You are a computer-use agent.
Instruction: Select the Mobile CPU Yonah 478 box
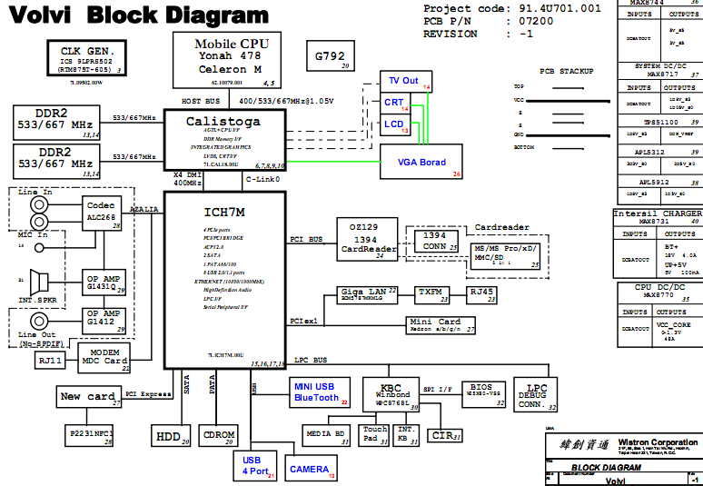[x=232, y=57]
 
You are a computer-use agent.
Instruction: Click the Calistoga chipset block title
[x=223, y=121]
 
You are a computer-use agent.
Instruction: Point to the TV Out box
[x=404, y=81]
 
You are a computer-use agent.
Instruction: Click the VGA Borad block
[x=421, y=162]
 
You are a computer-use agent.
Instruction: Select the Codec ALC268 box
[x=103, y=213]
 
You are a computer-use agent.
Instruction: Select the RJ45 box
[x=481, y=293]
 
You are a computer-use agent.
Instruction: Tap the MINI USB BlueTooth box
[x=315, y=392]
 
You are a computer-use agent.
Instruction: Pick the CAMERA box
[x=311, y=470]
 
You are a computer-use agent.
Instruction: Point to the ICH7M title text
[x=223, y=212]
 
